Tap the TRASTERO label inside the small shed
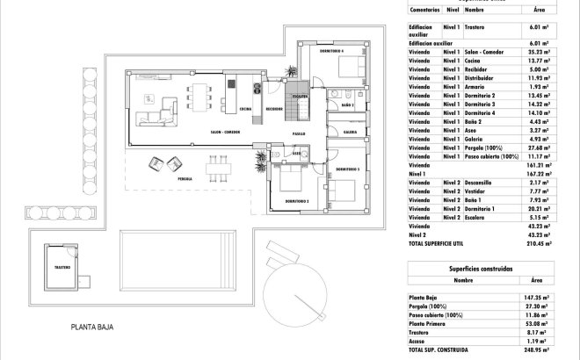point(62,267)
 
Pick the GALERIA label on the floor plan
point(350,133)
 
